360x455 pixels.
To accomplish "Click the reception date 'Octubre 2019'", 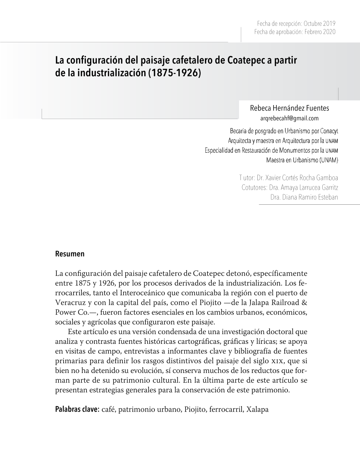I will coord(319,24).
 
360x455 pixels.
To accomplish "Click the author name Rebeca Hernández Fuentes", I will coord(289,108).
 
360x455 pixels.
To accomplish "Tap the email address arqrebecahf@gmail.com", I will coord(289,118).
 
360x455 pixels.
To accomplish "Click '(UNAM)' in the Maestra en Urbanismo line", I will coord(329,160).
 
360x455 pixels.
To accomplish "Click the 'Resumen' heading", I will coord(70,254).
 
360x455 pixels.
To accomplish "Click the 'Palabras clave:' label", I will coord(77,409).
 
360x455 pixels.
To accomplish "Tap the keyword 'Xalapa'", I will coord(257,409).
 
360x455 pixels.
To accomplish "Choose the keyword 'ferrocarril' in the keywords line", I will coord(225,409).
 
